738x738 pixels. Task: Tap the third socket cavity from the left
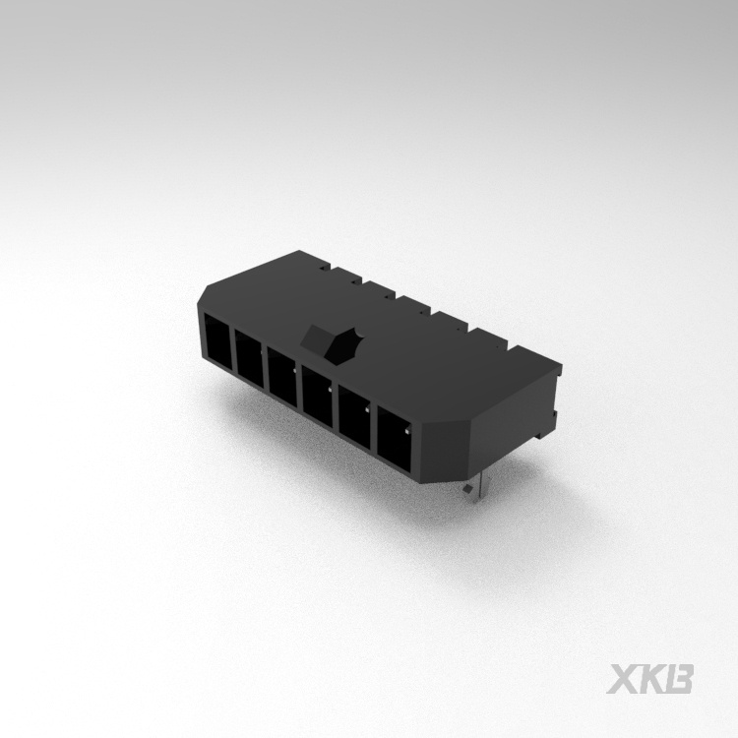282,375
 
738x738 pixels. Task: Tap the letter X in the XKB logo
626,680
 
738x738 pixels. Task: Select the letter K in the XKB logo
653,680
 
